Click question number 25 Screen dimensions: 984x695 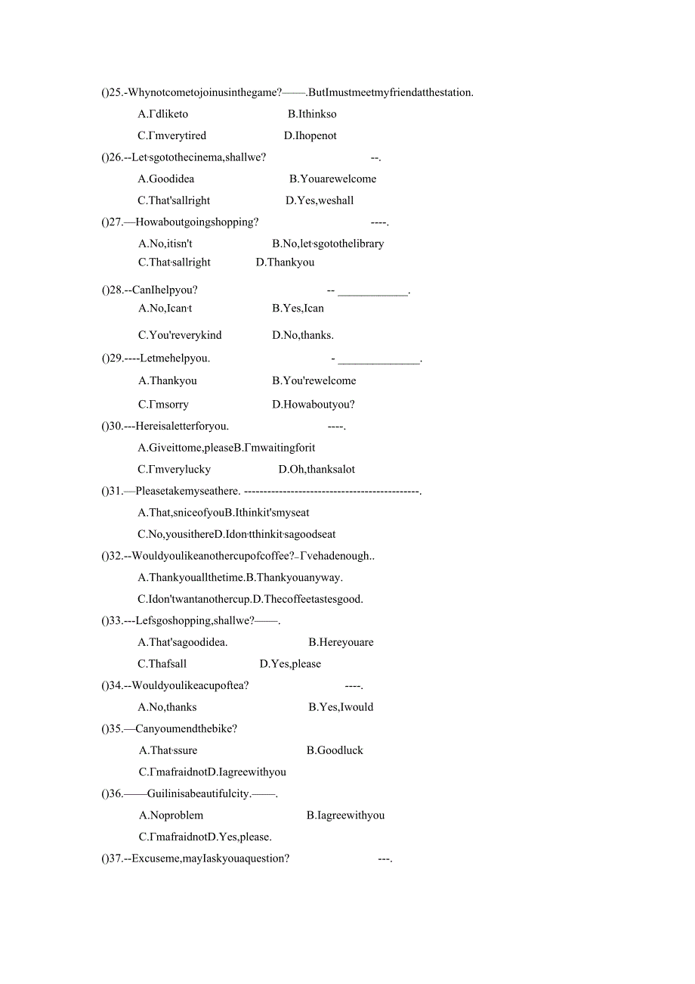pos(116,93)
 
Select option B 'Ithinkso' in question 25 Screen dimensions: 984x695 pos(312,114)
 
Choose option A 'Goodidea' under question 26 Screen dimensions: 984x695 pos(166,179)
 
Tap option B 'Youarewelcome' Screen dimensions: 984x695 pos(332,179)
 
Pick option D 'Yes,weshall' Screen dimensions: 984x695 pos(320,200)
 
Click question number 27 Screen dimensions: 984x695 pos(116,222)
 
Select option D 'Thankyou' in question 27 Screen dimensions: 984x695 pos(285,262)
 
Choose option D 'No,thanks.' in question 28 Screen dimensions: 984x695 pos(303,335)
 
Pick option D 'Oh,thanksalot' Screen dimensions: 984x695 pos(317,470)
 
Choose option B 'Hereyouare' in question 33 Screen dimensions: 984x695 pos(341,643)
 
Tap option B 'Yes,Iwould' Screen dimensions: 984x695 pos(341,708)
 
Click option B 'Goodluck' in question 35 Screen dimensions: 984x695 pos(335,751)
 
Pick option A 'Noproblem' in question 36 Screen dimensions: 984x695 pos(171,816)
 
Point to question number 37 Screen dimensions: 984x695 pos(116,859)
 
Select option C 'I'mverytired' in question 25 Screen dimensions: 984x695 pos(171,136)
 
